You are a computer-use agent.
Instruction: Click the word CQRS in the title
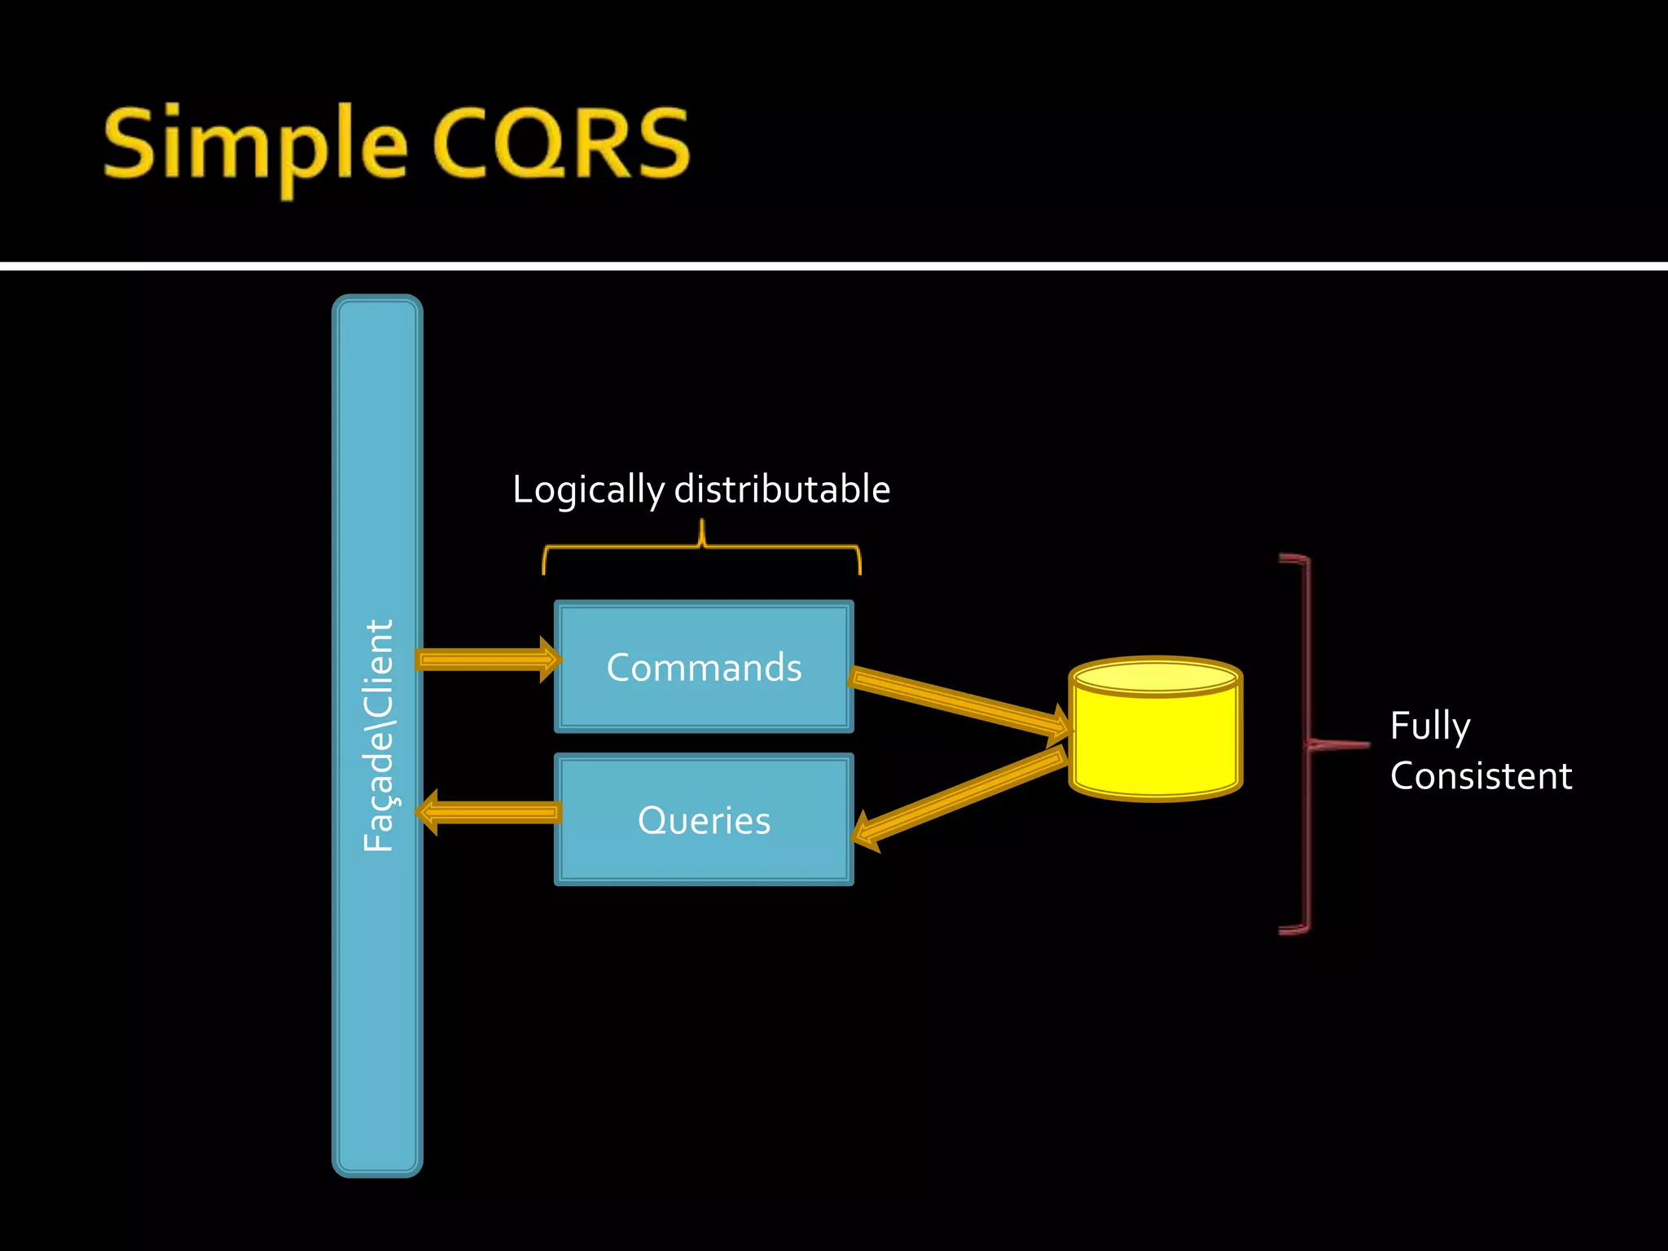pyautogui.click(x=562, y=145)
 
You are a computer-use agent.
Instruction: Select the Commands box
pyautogui.click(x=704, y=666)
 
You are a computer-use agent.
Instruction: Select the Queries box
pyautogui.click(x=704, y=819)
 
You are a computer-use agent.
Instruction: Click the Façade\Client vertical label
pyautogui.click(x=378, y=735)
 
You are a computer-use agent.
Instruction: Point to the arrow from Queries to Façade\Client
pyautogui.click(x=489, y=812)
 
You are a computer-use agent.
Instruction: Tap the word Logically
pyautogui.click(x=588, y=490)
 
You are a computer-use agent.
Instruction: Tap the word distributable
pyautogui.click(x=782, y=490)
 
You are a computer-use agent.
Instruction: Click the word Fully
pyautogui.click(x=1429, y=726)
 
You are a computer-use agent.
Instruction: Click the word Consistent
pyautogui.click(x=1480, y=776)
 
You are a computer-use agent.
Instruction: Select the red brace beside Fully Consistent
pyautogui.click(x=1307, y=744)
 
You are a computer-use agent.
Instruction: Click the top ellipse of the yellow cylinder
pyautogui.click(x=1155, y=676)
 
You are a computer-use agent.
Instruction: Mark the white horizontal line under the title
pyautogui.click(x=834, y=266)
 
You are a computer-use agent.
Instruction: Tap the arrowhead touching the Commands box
pyautogui.click(x=550, y=659)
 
